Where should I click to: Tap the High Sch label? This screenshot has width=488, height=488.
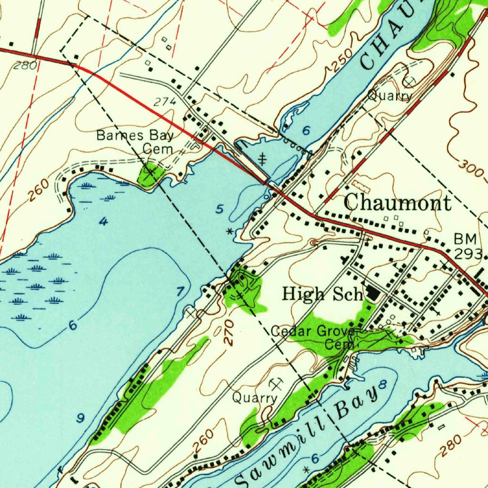(323, 294)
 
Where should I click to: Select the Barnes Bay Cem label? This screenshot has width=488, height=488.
(135, 142)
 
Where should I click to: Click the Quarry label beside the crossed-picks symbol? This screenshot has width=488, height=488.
(254, 397)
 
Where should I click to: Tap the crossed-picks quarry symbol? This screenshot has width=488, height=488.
(276, 384)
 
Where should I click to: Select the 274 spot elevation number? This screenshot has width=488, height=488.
(165, 102)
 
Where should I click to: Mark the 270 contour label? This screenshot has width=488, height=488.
(229, 332)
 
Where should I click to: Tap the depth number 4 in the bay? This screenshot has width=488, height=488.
(103, 222)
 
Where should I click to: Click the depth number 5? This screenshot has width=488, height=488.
(219, 209)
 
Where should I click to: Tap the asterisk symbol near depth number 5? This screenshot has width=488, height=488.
(230, 232)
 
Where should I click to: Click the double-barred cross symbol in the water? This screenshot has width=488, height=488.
(262, 158)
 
